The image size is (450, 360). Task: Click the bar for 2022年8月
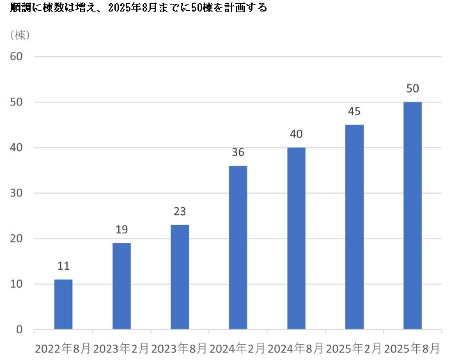63,304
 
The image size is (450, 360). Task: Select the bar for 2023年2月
121,286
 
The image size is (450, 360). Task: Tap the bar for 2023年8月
180,277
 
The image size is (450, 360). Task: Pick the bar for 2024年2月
238,247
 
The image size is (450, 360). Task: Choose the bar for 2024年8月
296,239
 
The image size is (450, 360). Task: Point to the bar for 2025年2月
354,227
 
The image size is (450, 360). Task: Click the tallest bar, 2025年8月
412,215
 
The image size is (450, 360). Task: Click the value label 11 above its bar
63,266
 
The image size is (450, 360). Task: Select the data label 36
238,152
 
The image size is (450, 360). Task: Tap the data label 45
354,111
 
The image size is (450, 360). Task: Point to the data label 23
180,212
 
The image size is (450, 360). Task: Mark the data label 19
121,230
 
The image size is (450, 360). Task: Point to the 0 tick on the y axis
19,330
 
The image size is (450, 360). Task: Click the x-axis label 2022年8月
63,348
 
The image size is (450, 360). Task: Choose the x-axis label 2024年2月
238,348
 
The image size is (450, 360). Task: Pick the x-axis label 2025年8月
412,348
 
